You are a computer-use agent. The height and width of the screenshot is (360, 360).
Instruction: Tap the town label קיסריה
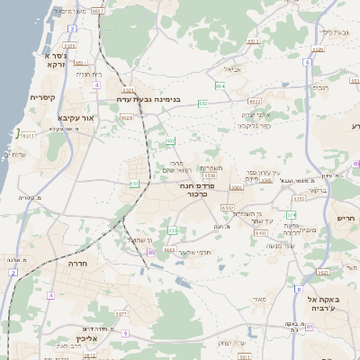[43, 97]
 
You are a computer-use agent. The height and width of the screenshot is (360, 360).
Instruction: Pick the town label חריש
[346, 218]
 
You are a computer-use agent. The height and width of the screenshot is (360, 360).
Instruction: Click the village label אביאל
[231, 69]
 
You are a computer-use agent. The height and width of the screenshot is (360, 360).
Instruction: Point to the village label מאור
[259, 299]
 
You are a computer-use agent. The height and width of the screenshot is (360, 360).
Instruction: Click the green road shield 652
[203, 103]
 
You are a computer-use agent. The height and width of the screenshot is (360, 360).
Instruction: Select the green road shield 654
[220, 86]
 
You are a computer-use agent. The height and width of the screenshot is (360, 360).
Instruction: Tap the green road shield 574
[291, 215]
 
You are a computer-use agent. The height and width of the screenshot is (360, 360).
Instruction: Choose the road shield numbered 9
[125, 333]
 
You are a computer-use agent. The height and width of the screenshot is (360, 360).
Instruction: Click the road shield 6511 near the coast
[29, 136]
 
